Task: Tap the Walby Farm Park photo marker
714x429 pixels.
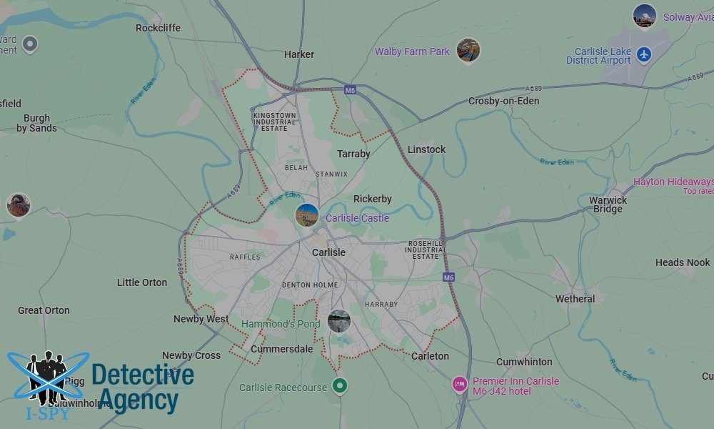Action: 468,51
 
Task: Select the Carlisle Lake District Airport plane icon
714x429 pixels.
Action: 644,54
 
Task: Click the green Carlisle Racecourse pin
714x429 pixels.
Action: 341,387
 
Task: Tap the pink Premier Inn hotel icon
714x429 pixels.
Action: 460,385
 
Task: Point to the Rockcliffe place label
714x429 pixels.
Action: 158,28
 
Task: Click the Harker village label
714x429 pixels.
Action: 299,54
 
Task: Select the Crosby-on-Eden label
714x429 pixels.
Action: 503,101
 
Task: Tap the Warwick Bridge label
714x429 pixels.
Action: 608,204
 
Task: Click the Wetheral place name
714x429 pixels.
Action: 575,299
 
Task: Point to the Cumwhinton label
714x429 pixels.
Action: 524,362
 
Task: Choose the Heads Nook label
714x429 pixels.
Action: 683,262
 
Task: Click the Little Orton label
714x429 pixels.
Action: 142,282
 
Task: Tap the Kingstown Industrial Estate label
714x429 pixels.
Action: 275,121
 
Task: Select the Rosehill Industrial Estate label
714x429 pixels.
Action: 426,250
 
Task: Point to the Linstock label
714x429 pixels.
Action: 426,149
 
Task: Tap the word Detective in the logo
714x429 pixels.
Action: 143,375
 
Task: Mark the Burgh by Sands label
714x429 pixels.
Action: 36,123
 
